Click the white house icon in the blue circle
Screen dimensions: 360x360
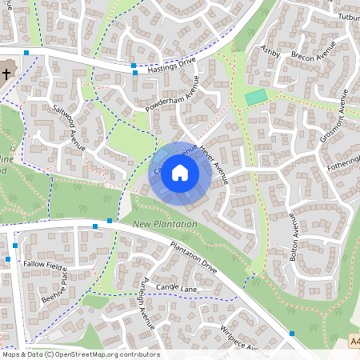coord(180,172)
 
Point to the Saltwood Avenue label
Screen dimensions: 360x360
coord(68,127)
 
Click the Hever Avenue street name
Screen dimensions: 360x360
coord(215,164)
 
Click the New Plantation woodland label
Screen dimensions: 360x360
coord(165,224)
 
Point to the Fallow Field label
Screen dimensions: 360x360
coord(44,263)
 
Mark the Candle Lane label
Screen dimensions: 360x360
coord(176,286)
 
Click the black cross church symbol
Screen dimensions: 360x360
coord(6,74)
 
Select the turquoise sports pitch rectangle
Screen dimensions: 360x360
coord(256,97)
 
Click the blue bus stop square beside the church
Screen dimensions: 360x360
coord(26,53)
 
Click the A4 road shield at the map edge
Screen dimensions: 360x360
coord(354,342)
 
